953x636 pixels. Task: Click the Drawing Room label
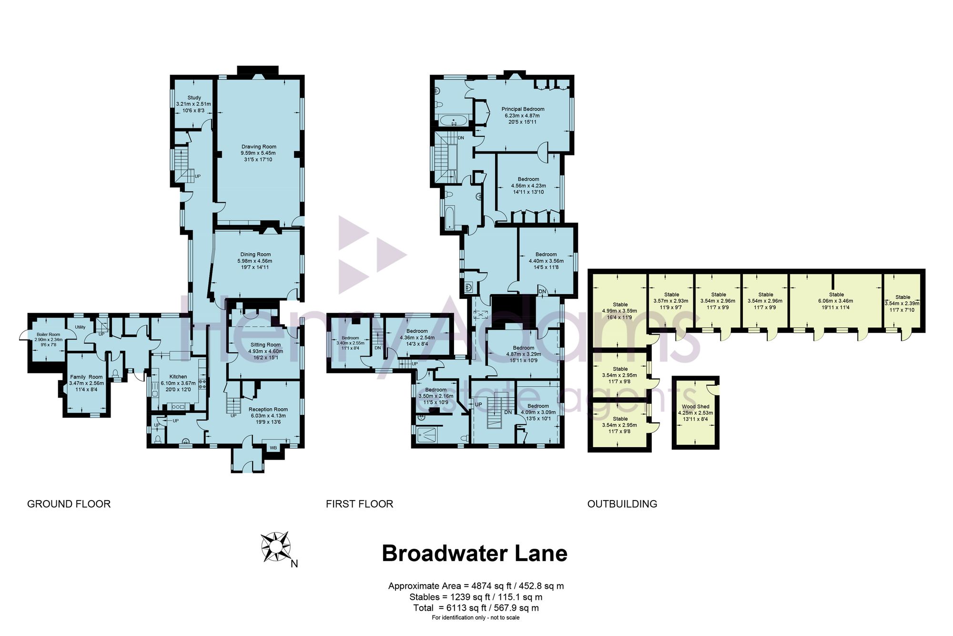click(x=259, y=147)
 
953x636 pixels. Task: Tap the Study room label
click(x=194, y=98)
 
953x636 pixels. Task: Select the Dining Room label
click(x=255, y=255)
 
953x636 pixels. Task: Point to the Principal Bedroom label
click(x=523, y=109)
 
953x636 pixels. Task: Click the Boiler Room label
click(x=49, y=335)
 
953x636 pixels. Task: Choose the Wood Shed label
click(x=696, y=407)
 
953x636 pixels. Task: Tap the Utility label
click(x=80, y=327)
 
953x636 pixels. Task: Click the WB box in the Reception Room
click(x=273, y=448)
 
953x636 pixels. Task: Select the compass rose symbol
click(x=276, y=547)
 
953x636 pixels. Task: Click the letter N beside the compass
click(x=294, y=564)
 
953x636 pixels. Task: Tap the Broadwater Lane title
click(x=475, y=554)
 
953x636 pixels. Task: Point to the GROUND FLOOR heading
click(x=69, y=504)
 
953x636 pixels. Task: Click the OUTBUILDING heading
click(x=622, y=504)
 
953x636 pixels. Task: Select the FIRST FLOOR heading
click(x=360, y=504)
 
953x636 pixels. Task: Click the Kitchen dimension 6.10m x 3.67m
click(x=178, y=383)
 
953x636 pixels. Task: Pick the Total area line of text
click(x=476, y=608)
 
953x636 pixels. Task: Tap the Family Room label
click(x=86, y=377)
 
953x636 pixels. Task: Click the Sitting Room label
click(x=265, y=345)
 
